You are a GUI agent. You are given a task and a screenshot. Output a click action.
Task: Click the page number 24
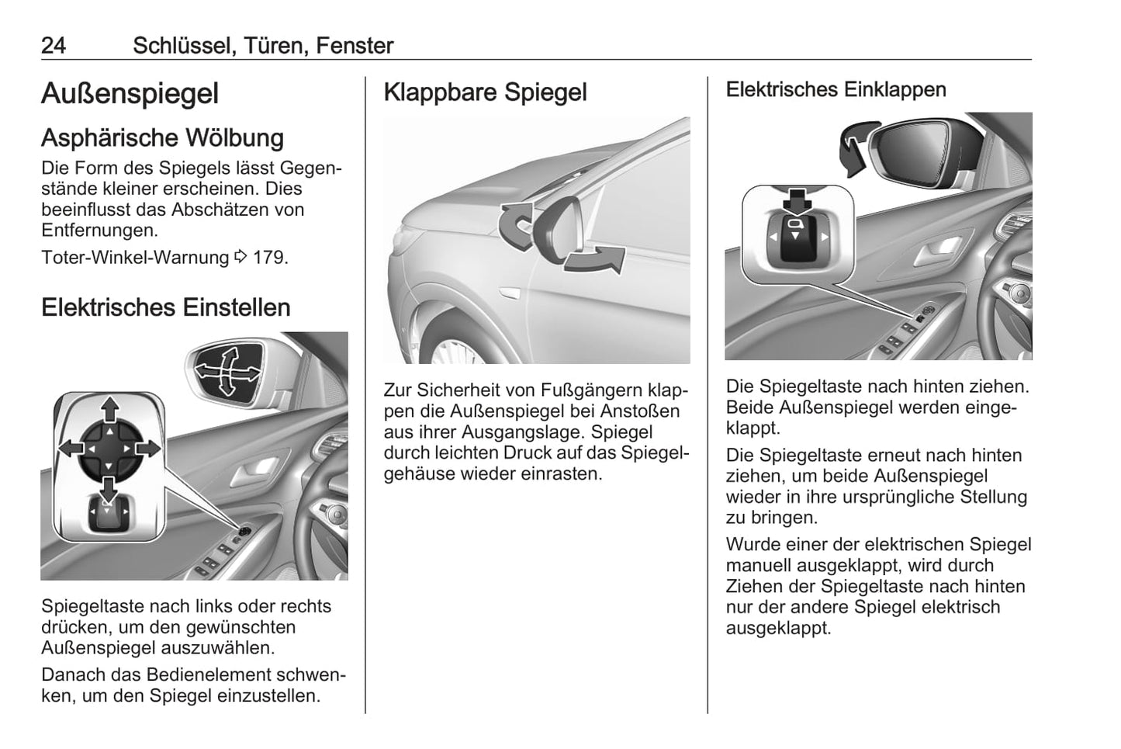pos(54,46)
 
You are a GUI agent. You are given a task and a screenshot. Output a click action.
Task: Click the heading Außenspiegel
pos(130,94)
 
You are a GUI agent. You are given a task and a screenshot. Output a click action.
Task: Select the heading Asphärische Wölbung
pos(162,138)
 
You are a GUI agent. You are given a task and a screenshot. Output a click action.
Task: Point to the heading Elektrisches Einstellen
pos(165,307)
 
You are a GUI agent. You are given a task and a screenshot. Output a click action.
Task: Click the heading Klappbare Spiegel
pos(485,92)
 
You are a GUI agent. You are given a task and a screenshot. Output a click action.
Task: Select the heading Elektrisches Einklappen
pos(836,89)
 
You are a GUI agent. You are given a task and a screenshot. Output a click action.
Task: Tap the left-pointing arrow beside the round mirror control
pos(70,448)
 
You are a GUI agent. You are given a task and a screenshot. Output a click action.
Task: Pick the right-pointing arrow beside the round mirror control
pos(150,448)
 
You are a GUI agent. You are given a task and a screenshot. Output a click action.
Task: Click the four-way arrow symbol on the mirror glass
pos(227,372)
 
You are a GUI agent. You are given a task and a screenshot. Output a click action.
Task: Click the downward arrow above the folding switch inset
pos(797,201)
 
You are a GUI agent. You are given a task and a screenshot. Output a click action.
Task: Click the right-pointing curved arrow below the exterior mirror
pos(596,260)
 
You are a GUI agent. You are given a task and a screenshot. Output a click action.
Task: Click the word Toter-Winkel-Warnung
pos(135,257)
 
